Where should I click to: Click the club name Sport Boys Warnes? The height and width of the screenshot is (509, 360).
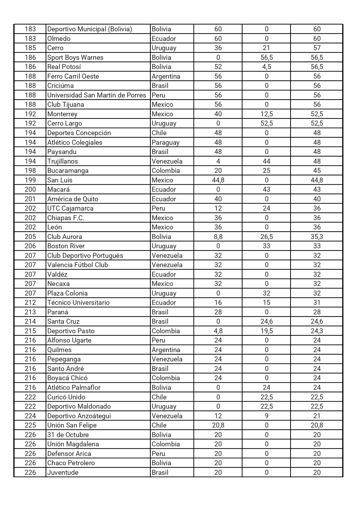click(x=75, y=57)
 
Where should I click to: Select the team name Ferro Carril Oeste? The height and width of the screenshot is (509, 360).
click(x=73, y=76)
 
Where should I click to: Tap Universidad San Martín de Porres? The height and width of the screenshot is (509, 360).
click(x=97, y=95)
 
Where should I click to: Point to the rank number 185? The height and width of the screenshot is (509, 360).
click(x=30, y=48)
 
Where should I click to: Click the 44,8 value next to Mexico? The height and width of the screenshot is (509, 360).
click(x=218, y=180)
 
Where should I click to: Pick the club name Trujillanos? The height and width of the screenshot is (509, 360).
click(x=63, y=161)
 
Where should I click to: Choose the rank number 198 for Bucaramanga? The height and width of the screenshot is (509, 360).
click(x=30, y=171)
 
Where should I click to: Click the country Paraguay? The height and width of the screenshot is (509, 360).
click(x=165, y=142)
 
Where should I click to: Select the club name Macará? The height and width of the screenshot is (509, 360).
click(x=59, y=189)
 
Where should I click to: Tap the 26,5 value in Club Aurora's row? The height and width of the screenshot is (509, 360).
click(x=266, y=237)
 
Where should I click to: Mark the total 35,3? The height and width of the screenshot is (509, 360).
click(x=317, y=237)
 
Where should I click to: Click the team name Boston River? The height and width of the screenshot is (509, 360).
click(x=66, y=246)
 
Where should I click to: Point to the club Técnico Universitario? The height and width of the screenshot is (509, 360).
click(x=78, y=302)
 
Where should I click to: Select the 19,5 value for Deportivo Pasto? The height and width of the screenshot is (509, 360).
click(x=266, y=331)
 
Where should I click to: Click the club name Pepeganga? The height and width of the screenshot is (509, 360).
click(x=64, y=359)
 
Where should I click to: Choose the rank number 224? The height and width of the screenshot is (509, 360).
click(x=30, y=416)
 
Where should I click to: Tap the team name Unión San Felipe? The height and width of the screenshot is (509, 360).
click(x=72, y=425)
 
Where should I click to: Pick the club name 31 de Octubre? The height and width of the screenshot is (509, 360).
click(x=68, y=435)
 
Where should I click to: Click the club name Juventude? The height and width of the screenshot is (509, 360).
click(x=63, y=472)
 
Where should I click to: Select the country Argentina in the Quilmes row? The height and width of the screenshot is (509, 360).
click(x=166, y=350)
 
